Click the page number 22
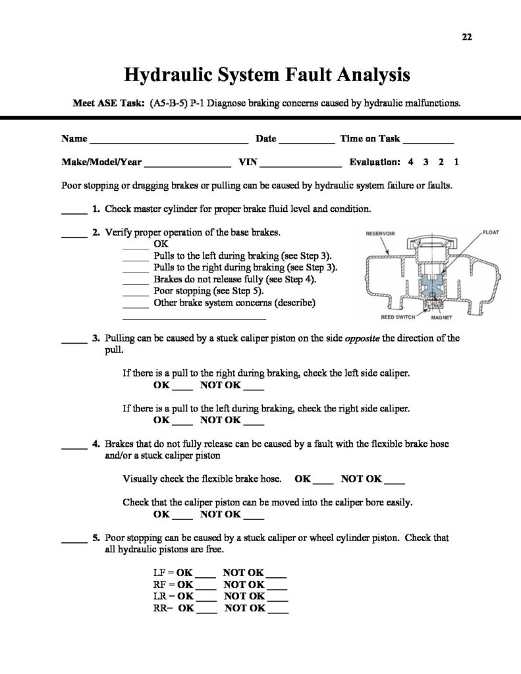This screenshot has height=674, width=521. (x=468, y=38)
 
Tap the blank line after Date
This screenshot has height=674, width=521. (x=306, y=140)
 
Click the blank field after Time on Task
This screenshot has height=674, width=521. (x=427, y=140)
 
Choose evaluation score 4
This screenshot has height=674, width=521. (x=410, y=161)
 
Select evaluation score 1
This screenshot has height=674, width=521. (x=457, y=161)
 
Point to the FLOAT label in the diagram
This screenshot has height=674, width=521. (x=492, y=233)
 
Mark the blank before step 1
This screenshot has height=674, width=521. (x=74, y=212)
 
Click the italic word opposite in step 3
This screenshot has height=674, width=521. (x=362, y=338)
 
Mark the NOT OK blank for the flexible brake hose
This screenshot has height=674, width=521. (x=393, y=481)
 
